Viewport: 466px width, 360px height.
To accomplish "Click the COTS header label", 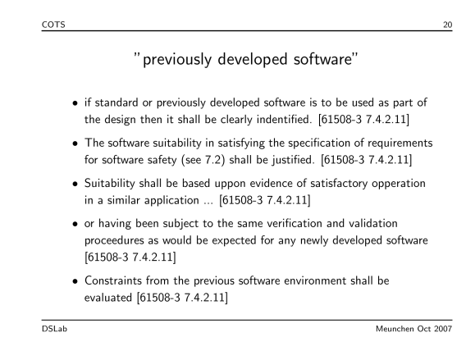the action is coord(53,25).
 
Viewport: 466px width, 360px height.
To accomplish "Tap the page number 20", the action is coord(448,25).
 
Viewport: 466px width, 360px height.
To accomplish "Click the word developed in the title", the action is coord(253,59).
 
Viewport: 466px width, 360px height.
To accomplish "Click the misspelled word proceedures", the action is coord(114,240).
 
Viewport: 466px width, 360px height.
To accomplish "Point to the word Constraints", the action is coord(113,280).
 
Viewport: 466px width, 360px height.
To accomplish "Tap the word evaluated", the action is coord(108,298).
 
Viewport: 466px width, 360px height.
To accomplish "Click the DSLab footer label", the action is coord(54,329).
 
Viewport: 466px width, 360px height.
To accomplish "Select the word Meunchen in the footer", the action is coord(395,329).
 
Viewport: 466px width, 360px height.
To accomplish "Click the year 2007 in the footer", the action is coord(443,329).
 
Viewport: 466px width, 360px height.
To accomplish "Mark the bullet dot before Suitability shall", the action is coord(75,184).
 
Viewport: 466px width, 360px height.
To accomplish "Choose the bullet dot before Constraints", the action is coord(75,281).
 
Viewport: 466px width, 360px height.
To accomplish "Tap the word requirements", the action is coord(400,144).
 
